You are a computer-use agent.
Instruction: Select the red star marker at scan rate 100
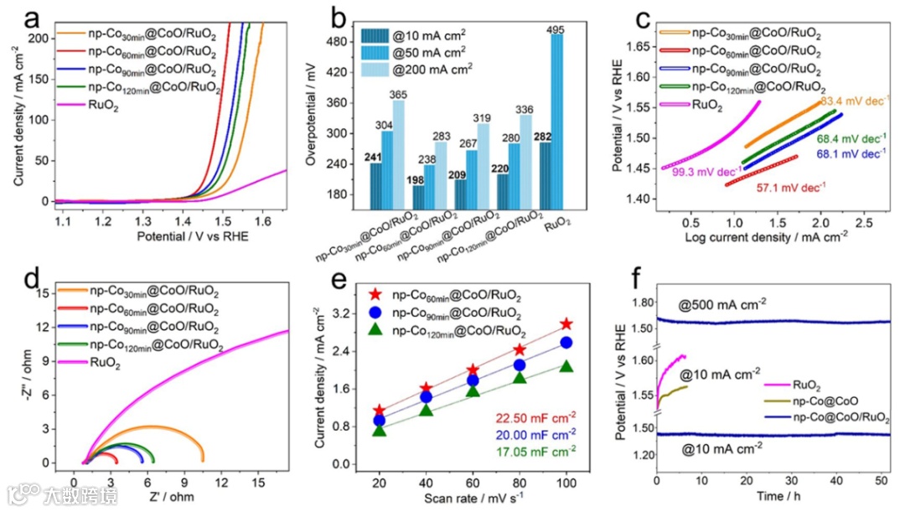pyautogui.click(x=567, y=323)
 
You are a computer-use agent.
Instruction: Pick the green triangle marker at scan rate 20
pyautogui.click(x=380, y=430)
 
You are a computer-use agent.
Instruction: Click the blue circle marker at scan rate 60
pyautogui.click(x=473, y=380)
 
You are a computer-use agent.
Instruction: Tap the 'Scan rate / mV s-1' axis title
pyautogui.click(x=473, y=495)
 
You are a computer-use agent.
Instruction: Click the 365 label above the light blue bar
pyautogui.click(x=398, y=94)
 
